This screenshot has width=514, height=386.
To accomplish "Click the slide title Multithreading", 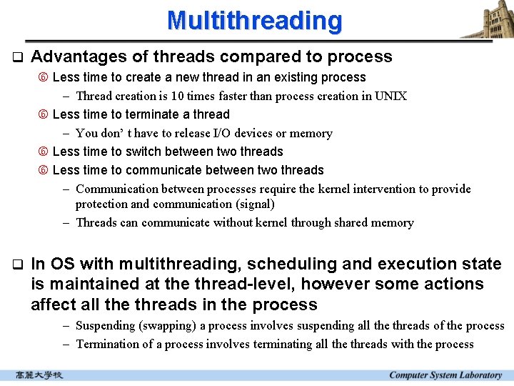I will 254,20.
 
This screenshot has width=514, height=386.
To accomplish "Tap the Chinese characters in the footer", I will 39,375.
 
